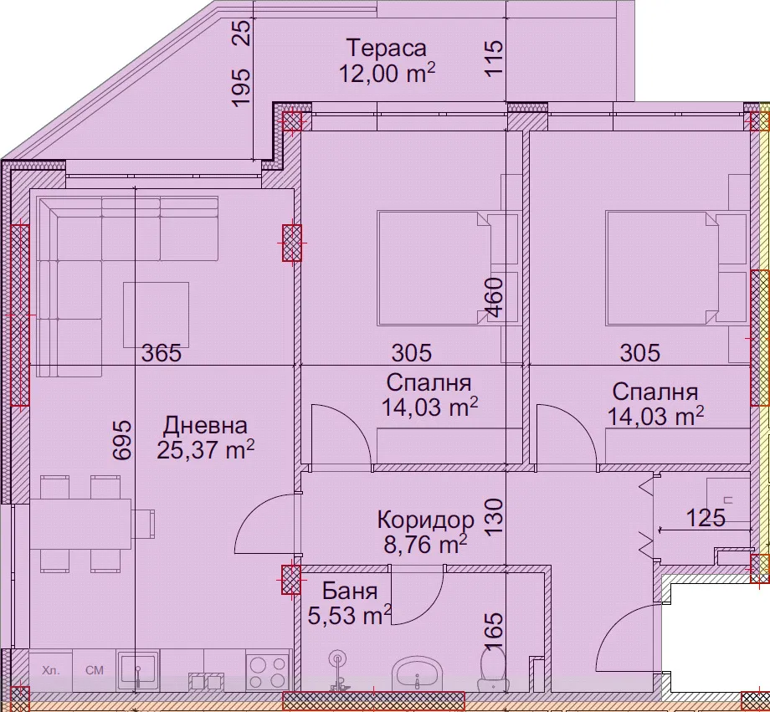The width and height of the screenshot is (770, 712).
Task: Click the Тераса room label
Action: [387, 49]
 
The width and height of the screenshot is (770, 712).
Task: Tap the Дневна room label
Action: [205, 426]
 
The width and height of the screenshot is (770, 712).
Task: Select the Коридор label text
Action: [426, 520]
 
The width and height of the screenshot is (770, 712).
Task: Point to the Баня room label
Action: [350, 592]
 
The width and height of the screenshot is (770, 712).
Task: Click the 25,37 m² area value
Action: [205, 449]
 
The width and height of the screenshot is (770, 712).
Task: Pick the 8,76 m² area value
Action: [425, 544]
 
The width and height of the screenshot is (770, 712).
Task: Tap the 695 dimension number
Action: [122, 439]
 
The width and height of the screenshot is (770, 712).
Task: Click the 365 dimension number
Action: [162, 352]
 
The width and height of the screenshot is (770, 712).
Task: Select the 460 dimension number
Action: [494, 298]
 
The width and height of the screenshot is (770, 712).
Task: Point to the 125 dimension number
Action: [706, 518]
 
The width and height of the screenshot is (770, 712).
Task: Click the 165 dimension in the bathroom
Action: [494, 632]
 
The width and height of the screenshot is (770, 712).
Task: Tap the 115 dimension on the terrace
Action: [494, 58]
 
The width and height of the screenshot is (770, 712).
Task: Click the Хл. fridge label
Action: [50, 670]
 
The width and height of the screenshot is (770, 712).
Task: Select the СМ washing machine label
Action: [95, 670]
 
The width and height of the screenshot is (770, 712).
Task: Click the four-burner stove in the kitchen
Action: [268, 672]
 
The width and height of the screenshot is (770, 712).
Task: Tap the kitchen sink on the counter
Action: [138, 671]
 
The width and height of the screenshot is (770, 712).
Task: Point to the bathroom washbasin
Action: [417, 674]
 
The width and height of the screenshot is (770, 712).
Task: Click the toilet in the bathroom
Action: [493, 668]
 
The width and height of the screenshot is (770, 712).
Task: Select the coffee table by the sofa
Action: [156, 315]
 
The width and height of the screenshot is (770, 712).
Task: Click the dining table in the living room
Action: [80, 524]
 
